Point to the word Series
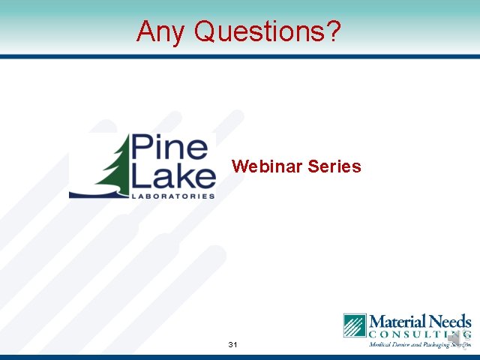(334, 166)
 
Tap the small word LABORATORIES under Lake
(173, 196)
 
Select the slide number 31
(232, 345)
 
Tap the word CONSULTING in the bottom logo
(419, 334)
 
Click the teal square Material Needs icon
(355, 325)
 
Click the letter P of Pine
(142, 148)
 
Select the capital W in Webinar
(239, 166)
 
